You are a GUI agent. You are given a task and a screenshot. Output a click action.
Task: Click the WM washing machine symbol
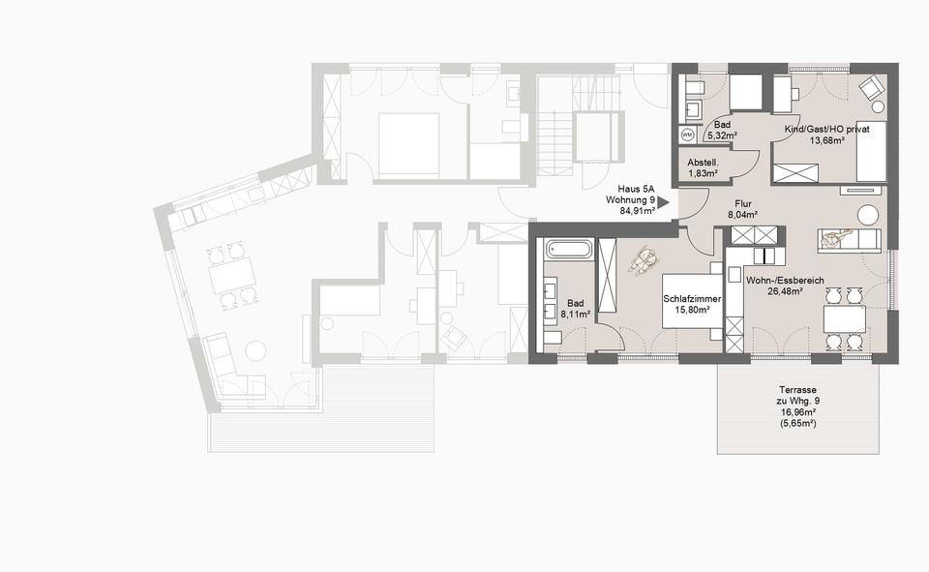[x=687, y=135]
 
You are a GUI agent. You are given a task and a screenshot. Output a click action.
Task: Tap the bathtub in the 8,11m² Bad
[x=569, y=249]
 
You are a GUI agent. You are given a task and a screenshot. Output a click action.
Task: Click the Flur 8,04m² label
[x=743, y=209]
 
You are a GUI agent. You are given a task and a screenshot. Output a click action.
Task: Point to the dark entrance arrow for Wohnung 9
[x=664, y=202]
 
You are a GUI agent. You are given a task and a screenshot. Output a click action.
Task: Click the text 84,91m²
[x=638, y=210]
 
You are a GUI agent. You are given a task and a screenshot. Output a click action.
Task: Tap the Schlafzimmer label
[x=692, y=299]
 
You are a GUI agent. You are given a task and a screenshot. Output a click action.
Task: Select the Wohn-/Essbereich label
[x=785, y=281]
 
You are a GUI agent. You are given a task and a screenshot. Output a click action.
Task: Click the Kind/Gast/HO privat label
[x=827, y=130]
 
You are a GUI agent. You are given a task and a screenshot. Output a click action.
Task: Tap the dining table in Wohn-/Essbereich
[x=844, y=318]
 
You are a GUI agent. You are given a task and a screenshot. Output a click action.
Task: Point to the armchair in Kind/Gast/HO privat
[x=871, y=88]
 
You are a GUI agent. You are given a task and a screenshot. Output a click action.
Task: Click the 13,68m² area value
[x=827, y=140]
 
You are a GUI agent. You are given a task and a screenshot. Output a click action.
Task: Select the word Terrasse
[x=797, y=390]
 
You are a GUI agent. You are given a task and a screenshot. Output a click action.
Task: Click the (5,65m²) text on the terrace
[x=798, y=424]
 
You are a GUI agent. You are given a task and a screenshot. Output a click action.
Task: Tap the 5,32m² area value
[x=722, y=135]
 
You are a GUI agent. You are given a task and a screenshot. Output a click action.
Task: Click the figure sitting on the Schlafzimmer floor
[x=643, y=260]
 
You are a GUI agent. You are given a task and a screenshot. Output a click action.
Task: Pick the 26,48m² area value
[x=785, y=291]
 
